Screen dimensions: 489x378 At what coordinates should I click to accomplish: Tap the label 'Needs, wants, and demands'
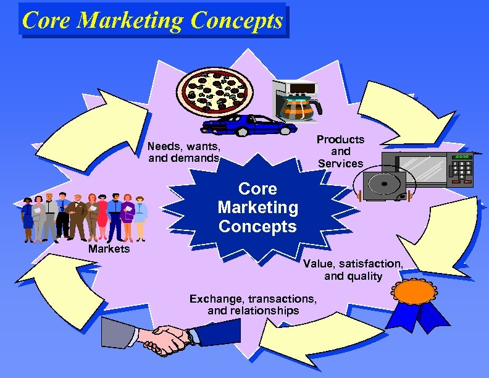[x=184, y=153]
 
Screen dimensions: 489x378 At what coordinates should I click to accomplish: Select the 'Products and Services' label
[x=341, y=151]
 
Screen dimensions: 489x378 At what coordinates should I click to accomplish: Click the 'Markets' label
[x=109, y=249]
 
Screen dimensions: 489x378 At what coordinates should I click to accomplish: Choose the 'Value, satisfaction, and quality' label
[x=353, y=270]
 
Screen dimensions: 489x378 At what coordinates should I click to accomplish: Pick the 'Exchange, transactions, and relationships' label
[x=254, y=304]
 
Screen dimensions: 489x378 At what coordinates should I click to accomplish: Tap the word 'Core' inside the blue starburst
[x=257, y=188]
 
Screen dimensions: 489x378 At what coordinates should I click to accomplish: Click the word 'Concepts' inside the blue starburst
[x=257, y=226]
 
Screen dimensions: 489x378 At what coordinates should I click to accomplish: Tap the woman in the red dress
[x=102, y=216]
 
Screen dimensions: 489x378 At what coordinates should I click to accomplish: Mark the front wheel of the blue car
[x=243, y=132]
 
